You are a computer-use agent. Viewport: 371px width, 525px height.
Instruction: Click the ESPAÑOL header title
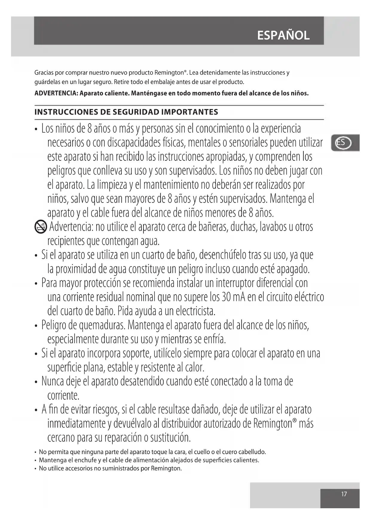pos(283,35)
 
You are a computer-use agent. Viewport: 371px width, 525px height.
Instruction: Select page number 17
pos(344,494)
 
